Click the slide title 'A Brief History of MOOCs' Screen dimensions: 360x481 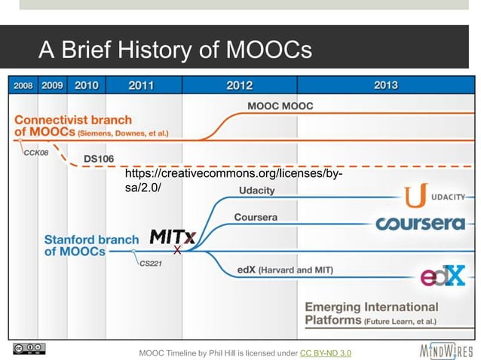tap(174, 50)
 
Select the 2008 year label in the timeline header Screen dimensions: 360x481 tap(23, 86)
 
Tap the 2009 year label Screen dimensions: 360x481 tap(52, 86)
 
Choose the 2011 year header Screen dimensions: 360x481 tap(141, 86)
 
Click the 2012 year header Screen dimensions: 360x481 tap(240, 86)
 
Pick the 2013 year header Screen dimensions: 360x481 tap(385, 86)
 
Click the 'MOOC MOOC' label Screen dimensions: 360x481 tap(281, 106)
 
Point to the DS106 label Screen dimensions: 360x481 tap(98, 159)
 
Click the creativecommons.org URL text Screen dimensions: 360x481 tap(233, 181)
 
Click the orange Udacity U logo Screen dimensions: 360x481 tap(416, 196)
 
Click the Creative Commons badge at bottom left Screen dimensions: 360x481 tap(29, 349)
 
